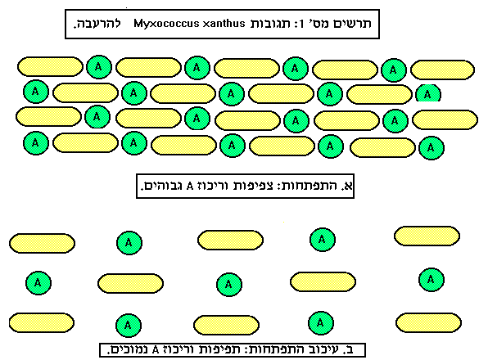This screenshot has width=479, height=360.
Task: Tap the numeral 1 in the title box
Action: tap(301, 24)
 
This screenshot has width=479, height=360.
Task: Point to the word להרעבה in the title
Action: tap(97, 24)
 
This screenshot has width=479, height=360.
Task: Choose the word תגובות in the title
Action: tap(270, 24)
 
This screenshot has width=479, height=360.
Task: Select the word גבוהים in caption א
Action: tap(161, 186)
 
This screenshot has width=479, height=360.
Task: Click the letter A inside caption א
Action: tap(190, 186)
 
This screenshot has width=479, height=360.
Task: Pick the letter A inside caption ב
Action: tap(156, 350)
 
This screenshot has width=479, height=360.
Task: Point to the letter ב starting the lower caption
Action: tap(349, 349)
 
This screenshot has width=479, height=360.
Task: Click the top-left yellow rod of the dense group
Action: tap(50, 66)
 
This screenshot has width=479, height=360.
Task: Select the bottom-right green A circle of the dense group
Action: tap(431, 148)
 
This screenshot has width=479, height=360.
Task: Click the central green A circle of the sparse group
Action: tap(229, 285)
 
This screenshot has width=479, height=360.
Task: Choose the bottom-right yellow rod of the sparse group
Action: tap(428, 322)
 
